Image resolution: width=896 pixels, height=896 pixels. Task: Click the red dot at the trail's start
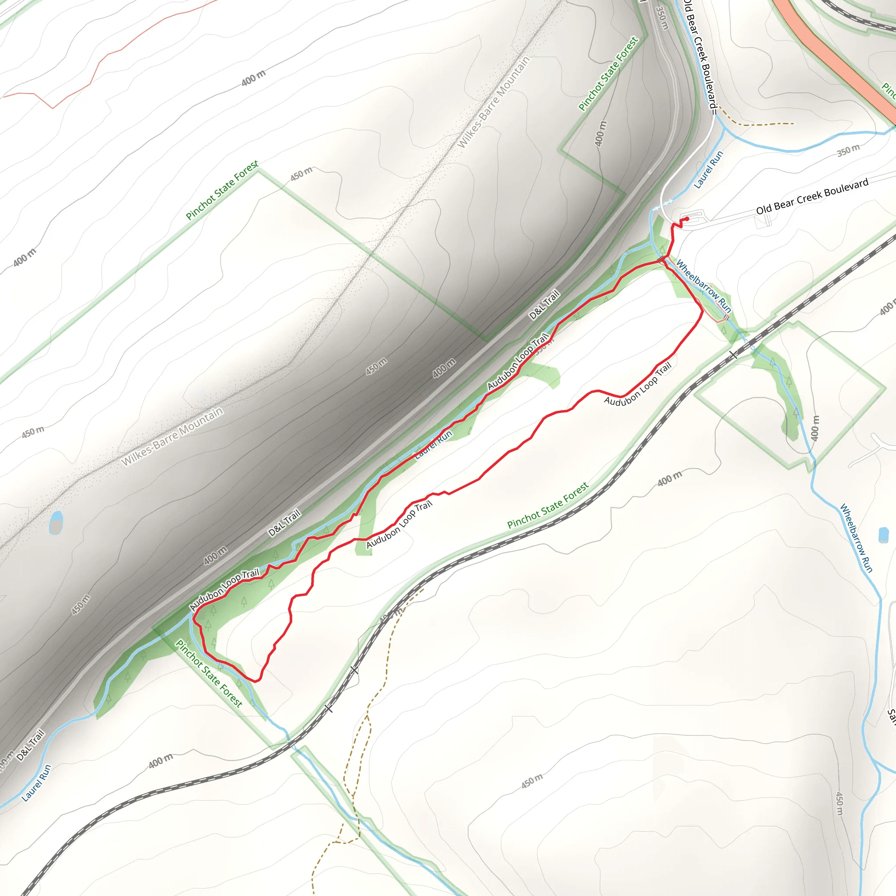(687, 219)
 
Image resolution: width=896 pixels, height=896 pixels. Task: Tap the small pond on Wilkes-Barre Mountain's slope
(56, 523)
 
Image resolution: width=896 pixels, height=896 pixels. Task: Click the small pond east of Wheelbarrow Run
(883, 534)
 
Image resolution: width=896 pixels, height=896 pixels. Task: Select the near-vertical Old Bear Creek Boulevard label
(700, 56)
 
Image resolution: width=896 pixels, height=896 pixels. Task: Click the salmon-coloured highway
(835, 56)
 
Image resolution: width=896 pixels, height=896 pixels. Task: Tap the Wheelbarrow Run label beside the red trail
(703, 286)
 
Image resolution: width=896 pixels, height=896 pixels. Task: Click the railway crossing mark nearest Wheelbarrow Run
(733, 355)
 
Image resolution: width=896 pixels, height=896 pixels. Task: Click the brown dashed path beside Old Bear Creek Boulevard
(760, 124)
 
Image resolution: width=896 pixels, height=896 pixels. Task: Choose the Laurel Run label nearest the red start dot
(708, 170)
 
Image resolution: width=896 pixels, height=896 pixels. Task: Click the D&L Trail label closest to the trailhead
(545, 304)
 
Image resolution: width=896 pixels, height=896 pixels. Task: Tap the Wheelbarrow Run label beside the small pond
(856, 538)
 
